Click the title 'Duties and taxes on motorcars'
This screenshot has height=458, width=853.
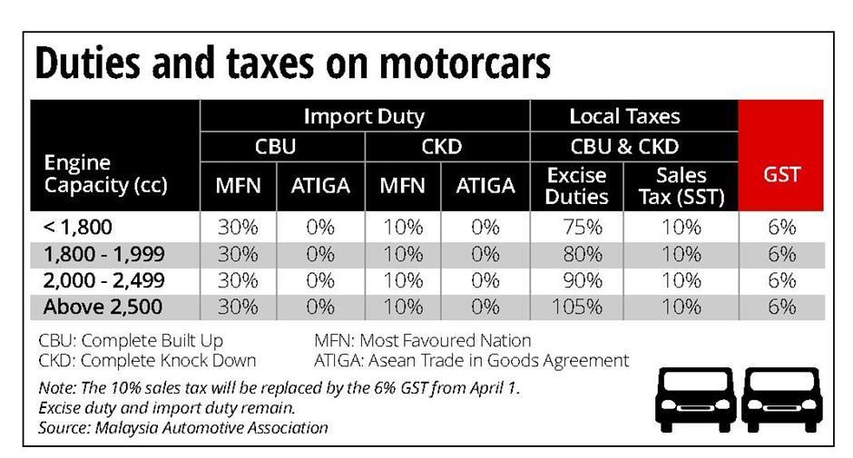pos(292,63)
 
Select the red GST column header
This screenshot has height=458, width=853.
pos(781,175)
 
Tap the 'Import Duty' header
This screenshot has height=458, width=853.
pos(364,116)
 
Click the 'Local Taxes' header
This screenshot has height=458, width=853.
pos(624,116)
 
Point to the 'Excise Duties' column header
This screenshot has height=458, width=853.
pos(577,185)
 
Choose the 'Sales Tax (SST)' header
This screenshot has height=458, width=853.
pos(681,185)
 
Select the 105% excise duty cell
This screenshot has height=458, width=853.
pos(577,307)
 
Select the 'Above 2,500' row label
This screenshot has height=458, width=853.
pos(103,307)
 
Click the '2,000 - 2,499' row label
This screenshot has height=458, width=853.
pos(103,280)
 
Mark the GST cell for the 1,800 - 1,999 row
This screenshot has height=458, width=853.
pos(781,254)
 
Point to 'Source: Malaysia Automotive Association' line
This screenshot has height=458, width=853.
pos(182,427)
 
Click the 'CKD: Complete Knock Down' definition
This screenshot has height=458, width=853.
pos(147,360)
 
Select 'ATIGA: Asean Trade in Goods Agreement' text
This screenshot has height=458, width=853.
pos(471,360)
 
